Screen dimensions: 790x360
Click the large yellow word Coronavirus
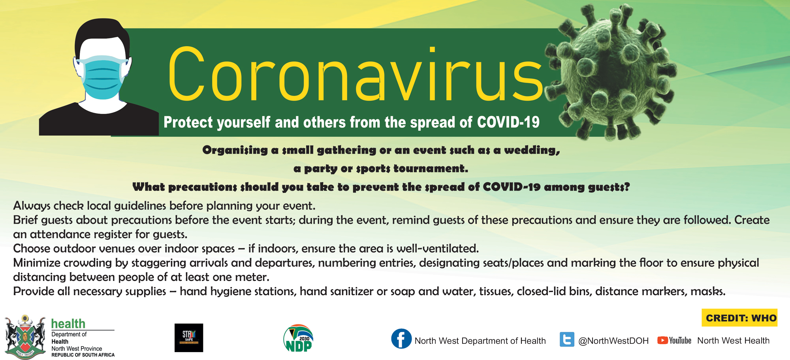pyautogui.click(x=355, y=74)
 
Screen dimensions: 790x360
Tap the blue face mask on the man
pyautogui.click(x=102, y=77)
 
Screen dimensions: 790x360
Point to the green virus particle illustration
pyautogui.click(x=610, y=71)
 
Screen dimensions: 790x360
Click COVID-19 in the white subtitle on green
pyautogui.click(x=508, y=122)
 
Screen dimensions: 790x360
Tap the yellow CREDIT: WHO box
pyautogui.click(x=739, y=318)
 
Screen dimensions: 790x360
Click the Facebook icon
pyautogui.click(x=401, y=339)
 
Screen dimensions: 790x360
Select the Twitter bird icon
pyautogui.click(x=567, y=339)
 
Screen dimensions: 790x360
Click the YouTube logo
pyautogui.click(x=674, y=340)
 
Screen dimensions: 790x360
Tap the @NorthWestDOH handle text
pyautogui.click(x=613, y=341)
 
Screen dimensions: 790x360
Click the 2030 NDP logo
pyautogui.click(x=298, y=338)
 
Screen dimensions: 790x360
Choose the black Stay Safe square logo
pyautogui.click(x=189, y=338)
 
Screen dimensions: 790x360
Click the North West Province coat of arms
pyautogui.click(x=25, y=337)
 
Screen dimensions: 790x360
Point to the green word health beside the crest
pyautogui.click(x=68, y=324)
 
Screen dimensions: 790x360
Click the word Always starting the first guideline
pyautogui.click(x=32, y=206)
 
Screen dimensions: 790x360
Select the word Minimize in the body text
pyautogui.click(x=36, y=263)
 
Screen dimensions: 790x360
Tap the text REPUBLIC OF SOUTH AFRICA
pyautogui.click(x=83, y=355)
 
